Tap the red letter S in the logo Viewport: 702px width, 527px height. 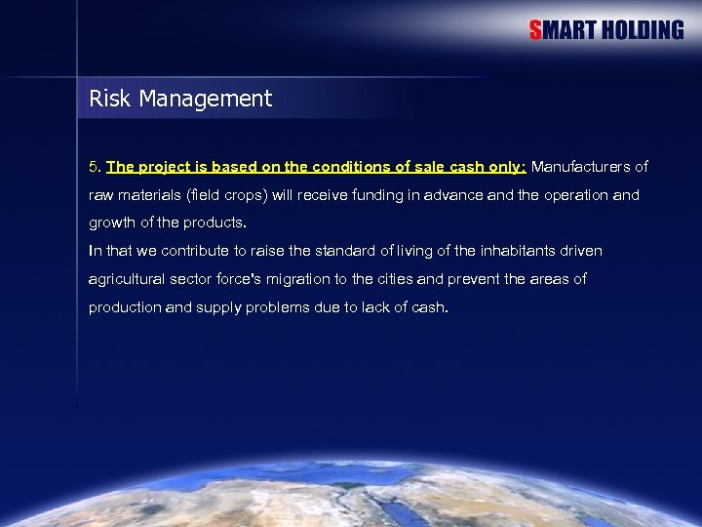[535, 30]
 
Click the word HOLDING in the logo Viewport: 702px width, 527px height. [643, 30]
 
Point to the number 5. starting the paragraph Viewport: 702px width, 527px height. [95, 167]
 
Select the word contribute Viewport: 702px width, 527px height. [194, 251]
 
